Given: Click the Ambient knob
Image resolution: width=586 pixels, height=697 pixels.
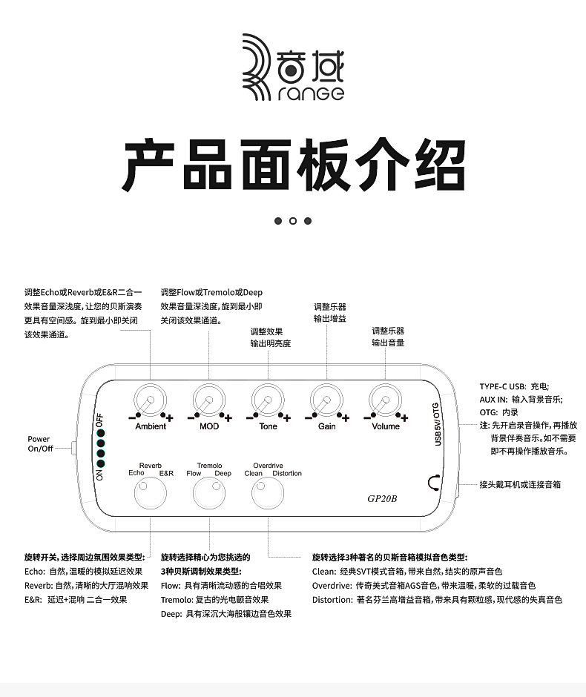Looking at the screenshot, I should point(150,401).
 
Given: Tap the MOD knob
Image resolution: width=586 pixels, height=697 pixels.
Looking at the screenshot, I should point(208,401).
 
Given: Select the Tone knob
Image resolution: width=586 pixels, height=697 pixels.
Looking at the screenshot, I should point(267,401).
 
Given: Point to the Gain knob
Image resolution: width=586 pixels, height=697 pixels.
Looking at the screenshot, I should point(326,401).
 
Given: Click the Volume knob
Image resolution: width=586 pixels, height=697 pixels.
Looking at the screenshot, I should point(385,401).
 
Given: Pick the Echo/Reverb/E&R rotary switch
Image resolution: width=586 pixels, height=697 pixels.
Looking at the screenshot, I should point(150,492).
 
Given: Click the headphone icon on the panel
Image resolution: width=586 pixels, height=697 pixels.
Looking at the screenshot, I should point(435,483).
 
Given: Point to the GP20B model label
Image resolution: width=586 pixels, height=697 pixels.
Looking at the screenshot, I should point(383,498).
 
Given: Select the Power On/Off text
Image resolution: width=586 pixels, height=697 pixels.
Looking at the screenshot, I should point(39,444).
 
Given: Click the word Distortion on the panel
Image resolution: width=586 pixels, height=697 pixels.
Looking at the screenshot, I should point(287,473).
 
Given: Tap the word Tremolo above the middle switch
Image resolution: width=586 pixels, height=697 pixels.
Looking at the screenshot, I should point(209,466).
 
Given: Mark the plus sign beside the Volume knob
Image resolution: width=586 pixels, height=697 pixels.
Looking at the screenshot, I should point(405,418).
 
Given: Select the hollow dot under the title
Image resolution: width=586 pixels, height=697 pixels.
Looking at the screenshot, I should point(293,220).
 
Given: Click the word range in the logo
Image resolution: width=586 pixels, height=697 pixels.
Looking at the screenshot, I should point(312,94).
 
